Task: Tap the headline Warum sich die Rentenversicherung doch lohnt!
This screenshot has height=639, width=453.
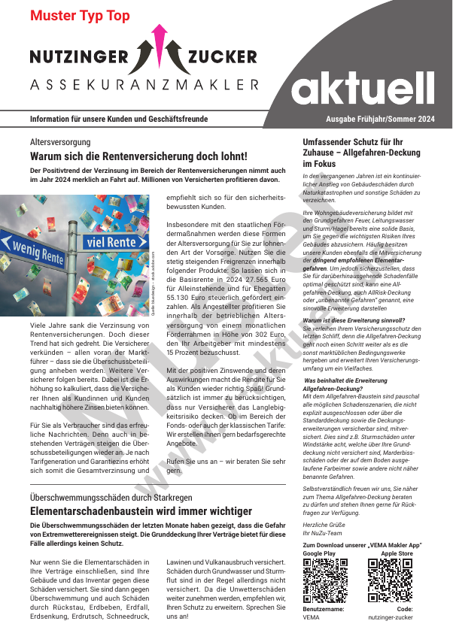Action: tap(138, 156)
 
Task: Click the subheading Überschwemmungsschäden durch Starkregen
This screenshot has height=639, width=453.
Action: tap(111, 498)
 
